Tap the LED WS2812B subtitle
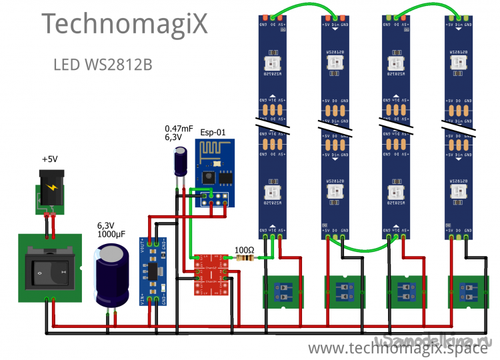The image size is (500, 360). coord(102,65)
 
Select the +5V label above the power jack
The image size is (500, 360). coord(50,160)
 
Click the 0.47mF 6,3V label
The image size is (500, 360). coord(179,132)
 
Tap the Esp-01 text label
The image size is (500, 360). coord(213,132)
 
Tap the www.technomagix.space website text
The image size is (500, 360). coord(399,348)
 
